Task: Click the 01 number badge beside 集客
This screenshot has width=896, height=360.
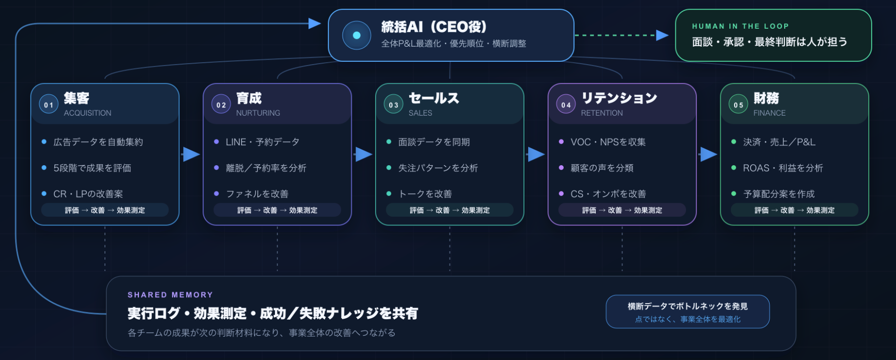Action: [x=49, y=104]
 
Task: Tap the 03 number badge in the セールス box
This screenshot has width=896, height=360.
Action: [x=393, y=104]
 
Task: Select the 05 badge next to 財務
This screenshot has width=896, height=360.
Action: [x=738, y=104]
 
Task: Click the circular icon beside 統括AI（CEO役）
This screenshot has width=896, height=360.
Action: [x=357, y=35]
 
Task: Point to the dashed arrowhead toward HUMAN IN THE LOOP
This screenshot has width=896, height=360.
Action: [x=662, y=35]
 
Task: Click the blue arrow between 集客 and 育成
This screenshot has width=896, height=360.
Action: [x=191, y=154]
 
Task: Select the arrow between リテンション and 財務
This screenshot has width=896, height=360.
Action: [x=708, y=154]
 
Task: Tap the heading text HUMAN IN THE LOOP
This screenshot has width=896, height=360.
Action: [x=741, y=26]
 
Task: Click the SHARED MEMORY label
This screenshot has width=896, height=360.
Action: [x=170, y=295]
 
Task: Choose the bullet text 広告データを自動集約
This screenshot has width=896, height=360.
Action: [x=98, y=142]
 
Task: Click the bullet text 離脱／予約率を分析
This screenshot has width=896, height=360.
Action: [x=266, y=168]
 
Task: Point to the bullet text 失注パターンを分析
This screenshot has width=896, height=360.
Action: [x=438, y=168]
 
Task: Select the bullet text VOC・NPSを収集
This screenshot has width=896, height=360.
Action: [x=608, y=142]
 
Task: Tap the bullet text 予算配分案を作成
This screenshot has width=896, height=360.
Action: [x=779, y=194]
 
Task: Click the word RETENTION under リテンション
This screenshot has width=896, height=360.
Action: [x=602, y=113]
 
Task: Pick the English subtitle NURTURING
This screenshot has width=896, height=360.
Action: [x=258, y=113]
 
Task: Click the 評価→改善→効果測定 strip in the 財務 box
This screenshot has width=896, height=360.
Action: [x=794, y=210]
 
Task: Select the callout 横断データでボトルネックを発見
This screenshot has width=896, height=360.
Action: [x=688, y=306]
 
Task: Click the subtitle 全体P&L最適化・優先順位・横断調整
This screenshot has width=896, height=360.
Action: [x=453, y=44]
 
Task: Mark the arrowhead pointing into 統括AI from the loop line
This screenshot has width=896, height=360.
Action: [x=315, y=23]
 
